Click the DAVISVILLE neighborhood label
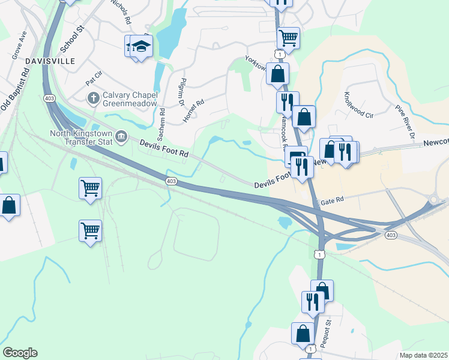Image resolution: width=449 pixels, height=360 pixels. click(x=50, y=61)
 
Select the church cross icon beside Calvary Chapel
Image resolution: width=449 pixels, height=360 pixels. click(x=93, y=97)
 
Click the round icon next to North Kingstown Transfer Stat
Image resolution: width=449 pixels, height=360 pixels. click(x=122, y=137)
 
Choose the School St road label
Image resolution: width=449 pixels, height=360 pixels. click(x=72, y=38)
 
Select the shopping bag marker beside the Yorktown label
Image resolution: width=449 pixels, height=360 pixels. click(x=277, y=74)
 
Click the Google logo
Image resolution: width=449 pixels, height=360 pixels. click(x=20, y=353)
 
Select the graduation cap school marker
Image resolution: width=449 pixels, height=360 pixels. click(x=141, y=46)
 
